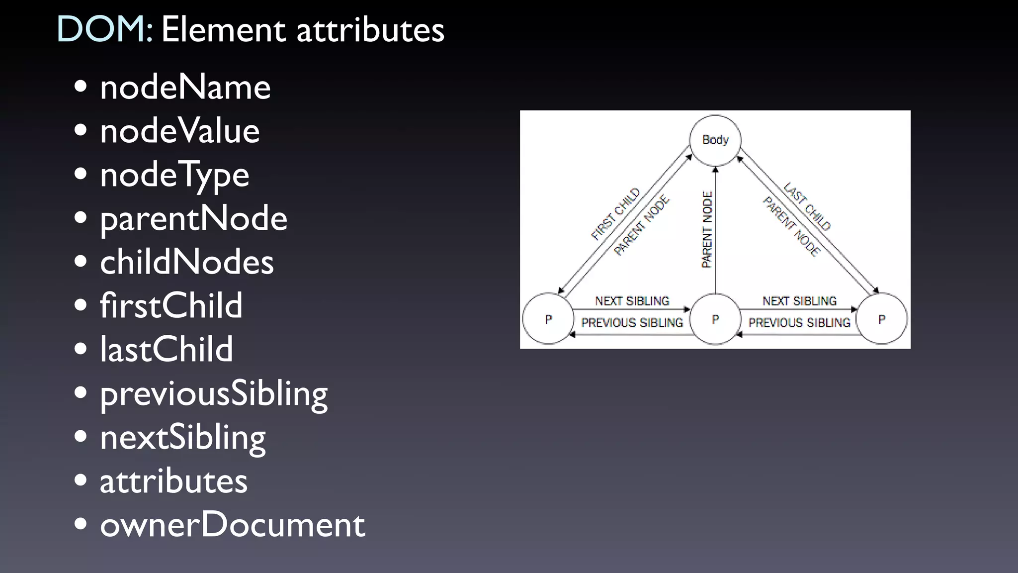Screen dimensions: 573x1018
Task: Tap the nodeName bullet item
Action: tap(185, 88)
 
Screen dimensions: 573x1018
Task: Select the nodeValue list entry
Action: tap(179, 131)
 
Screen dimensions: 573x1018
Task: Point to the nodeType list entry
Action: tap(174, 176)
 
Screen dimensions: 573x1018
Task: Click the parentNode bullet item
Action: tap(193, 219)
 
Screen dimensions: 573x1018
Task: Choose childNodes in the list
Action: tap(186, 262)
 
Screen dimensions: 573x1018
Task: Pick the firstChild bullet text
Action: tap(171, 306)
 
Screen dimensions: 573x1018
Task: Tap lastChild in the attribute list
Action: tap(166, 350)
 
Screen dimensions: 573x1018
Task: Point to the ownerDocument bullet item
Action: tap(232, 525)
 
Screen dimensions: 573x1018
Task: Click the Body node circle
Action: tap(715, 140)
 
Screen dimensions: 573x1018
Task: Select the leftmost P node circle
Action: tap(548, 319)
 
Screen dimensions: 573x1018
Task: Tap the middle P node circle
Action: tap(715, 319)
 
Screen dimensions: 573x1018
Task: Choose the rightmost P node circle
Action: tap(882, 319)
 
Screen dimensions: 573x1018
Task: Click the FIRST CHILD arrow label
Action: tap(615, 214)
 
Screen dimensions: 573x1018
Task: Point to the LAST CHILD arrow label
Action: tap(807, 206)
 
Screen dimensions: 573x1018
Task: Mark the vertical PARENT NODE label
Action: tap(707, 230)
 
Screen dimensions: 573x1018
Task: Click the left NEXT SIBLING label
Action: tap(632, 301)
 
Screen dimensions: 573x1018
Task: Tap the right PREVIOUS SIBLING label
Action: tap(799, 323)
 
